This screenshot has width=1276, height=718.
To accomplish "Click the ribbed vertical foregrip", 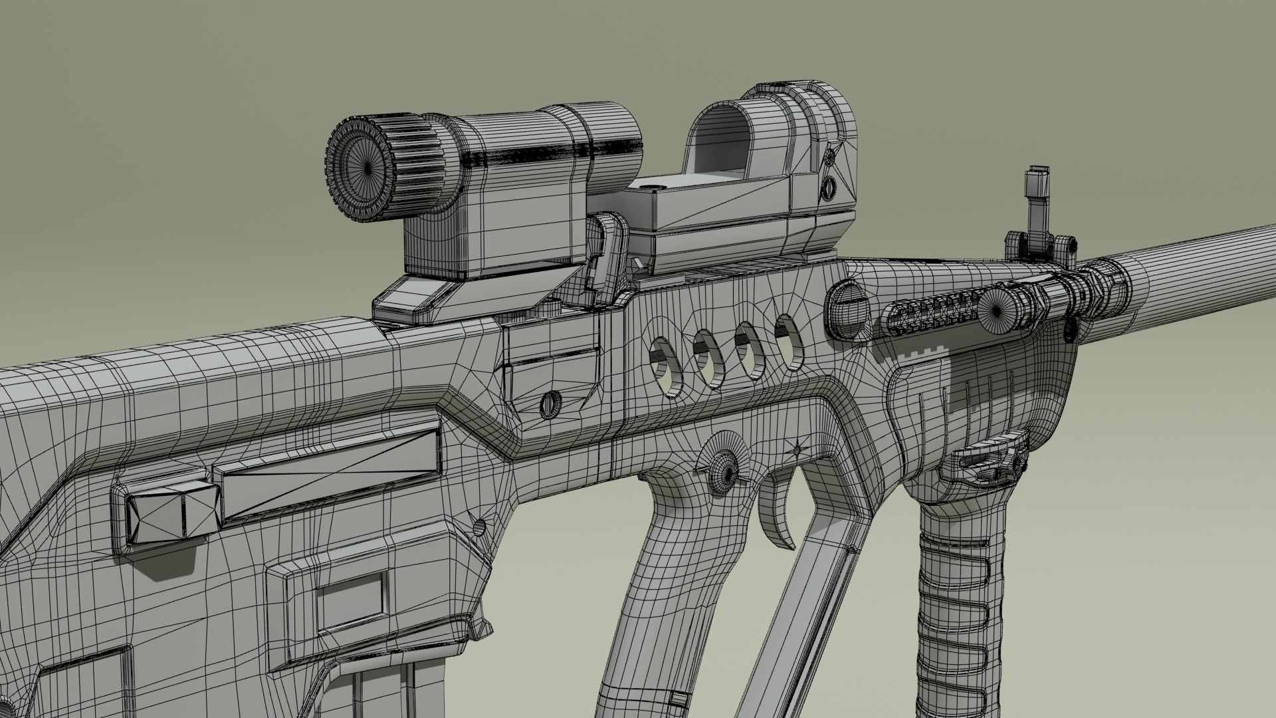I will coord(957,598).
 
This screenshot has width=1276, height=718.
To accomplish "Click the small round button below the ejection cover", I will coord(551,404).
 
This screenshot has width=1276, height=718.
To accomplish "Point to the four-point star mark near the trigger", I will coord(797,451).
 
